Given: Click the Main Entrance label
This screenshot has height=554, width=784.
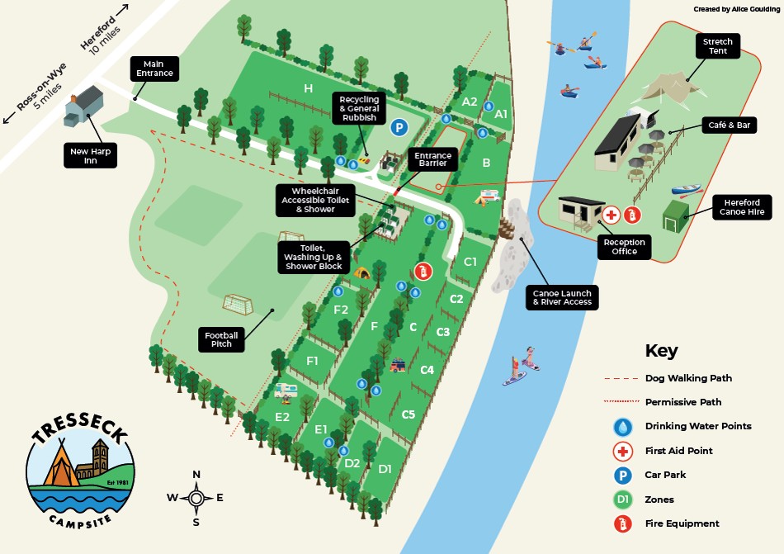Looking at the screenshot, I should click(154, 69).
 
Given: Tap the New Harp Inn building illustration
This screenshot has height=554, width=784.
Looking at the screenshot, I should click(83, 106).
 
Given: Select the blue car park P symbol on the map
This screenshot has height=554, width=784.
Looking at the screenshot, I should click(399, 127).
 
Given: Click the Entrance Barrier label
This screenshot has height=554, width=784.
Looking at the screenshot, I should click(432, 159).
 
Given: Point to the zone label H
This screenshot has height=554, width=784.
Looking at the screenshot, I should click(308, 88).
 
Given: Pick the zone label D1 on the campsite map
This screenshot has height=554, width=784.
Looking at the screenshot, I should click(385, 468).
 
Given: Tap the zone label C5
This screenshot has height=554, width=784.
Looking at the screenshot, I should click(408, 414).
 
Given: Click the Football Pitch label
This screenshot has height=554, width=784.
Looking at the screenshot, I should click(222, 339).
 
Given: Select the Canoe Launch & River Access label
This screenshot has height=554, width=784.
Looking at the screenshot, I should click(560, 298).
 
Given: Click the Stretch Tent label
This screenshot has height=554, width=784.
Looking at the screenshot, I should click(717, 45).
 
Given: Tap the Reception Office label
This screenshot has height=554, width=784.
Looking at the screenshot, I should click(625, 246).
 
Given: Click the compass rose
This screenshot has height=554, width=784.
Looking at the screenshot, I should click(196, 498).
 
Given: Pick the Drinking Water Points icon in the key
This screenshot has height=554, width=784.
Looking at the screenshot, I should click(621, 427).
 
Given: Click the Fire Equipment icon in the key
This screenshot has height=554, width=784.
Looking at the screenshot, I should click(621, 523).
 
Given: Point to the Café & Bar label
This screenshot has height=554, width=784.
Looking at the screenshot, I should click(730, 125).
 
